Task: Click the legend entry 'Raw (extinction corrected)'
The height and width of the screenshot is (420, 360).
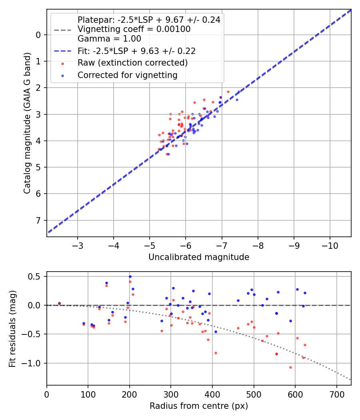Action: pyautogui.click(x=132, y=63)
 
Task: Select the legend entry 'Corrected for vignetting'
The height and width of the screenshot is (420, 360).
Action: pyautogui.click(x=127, y=75)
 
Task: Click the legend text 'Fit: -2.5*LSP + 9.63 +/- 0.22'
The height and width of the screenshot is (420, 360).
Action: pyautogui.click(x=136, y=51)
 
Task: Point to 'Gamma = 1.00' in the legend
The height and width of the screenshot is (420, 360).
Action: pyautogui.click(x=109, y=39)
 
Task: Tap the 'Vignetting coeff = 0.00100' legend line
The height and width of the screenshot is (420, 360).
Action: pyautogui.click(x=134, y=29)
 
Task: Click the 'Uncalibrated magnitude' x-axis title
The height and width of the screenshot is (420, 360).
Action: pyautogui.click(x=199, y=257)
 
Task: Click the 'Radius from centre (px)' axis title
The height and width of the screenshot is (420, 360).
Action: pyautogui.click(x=199, y=406)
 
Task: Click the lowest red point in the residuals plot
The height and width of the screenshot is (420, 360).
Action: pyautogui.click(x=290, y=367)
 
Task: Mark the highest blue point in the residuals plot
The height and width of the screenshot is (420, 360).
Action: pyautogui.click(x=130, y=276)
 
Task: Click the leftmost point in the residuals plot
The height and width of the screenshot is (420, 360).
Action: pyautogui.click(x=59, y=304)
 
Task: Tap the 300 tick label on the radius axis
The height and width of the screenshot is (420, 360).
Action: pyautogui.click(x=171, y=394)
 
